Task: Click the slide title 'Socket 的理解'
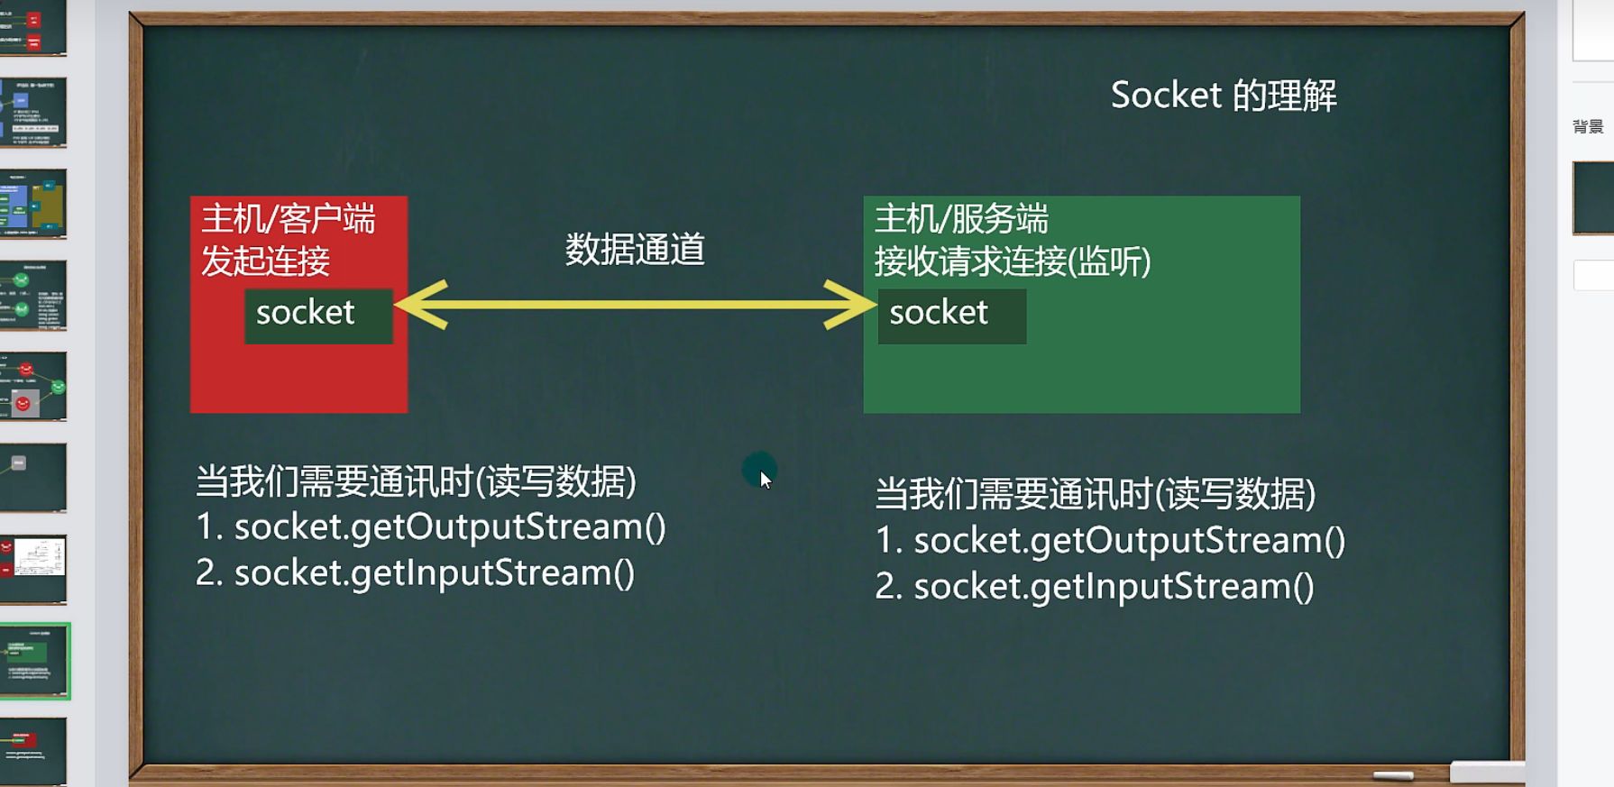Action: (x=1223, y=96)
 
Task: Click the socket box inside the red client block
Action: (x=317, y=315)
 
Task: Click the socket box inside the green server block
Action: (x=951, y=315)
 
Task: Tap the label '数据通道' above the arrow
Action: (x=634, y=250)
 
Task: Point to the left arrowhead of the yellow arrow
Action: (x=419, y=305)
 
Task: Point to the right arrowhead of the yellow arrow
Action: (x=851, y=305)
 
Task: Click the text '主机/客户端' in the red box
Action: (x=288, y=219)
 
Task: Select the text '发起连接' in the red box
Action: (x=265, y=261)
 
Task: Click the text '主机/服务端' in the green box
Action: (x=960, y=219)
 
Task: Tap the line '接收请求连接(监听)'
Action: (x=1012, y=262)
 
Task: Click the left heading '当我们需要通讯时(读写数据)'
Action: (x=416, y=481)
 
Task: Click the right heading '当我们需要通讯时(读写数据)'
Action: (x=1095, y=494)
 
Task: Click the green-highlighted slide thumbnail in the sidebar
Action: (x=34, y=661)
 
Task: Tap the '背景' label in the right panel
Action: (x=1587, y=127)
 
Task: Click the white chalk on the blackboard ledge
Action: (x=1392, y=775)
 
